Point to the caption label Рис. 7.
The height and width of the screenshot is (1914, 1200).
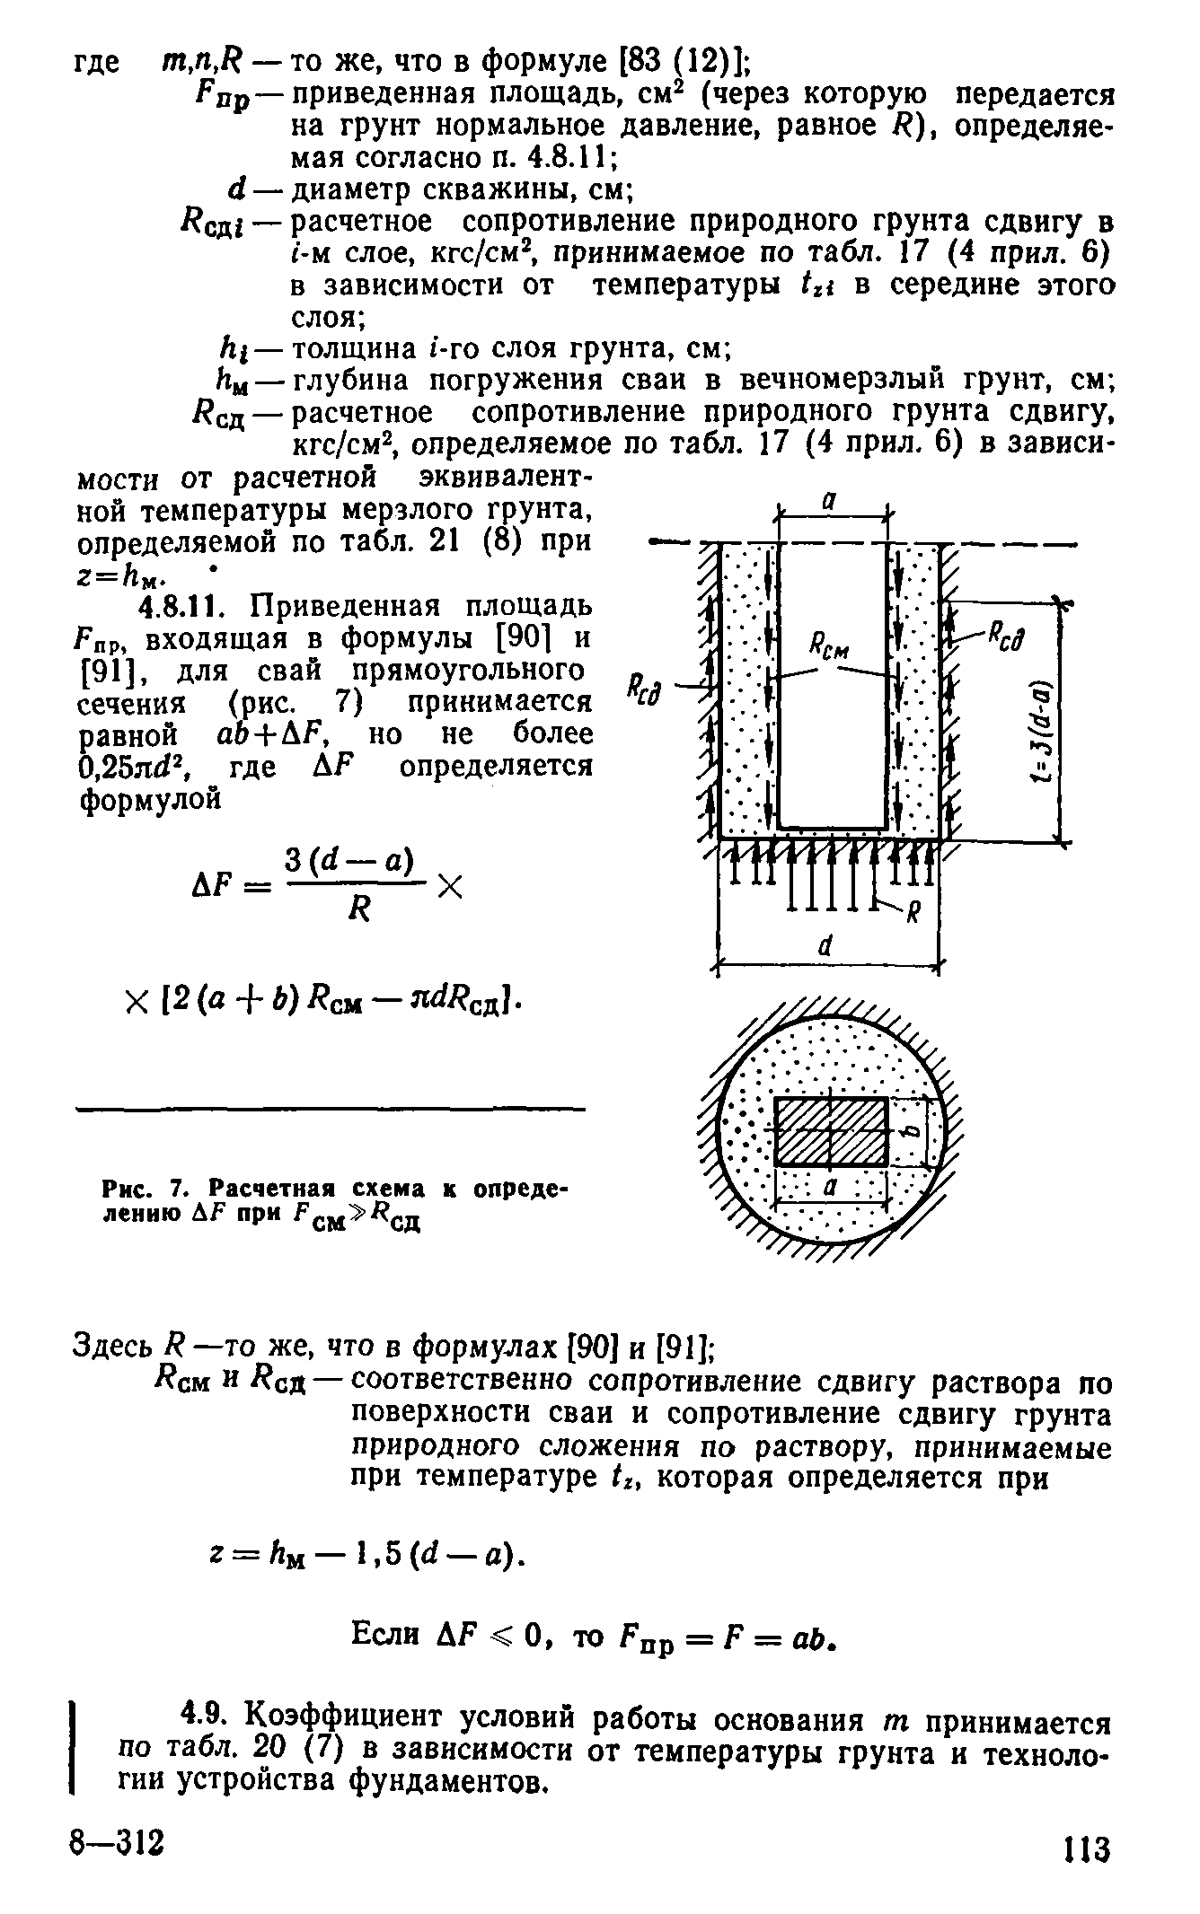tap(147, 1188)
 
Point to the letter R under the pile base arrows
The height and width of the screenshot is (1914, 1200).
tap(917, 916)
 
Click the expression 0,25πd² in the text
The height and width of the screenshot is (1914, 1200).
tap(134, 768)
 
